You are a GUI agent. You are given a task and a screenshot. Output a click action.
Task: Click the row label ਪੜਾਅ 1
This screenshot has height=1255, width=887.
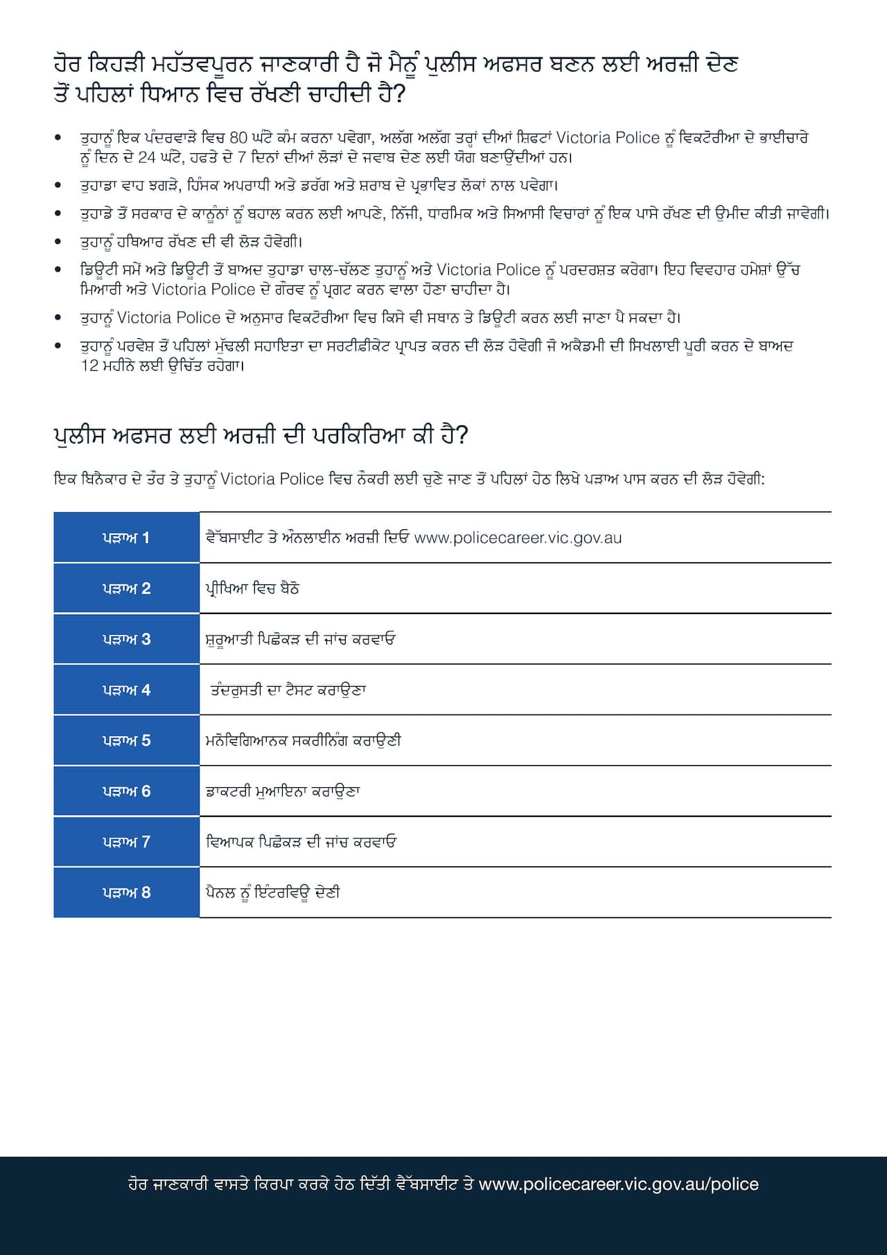pyautogui.click(x=126, y=538)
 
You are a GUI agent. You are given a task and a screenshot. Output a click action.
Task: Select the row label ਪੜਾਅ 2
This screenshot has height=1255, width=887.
pyautogui.click(x=126, y=588)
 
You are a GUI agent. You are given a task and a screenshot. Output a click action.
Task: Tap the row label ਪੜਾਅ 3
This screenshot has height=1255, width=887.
pyautogui.click(x=126, y=639)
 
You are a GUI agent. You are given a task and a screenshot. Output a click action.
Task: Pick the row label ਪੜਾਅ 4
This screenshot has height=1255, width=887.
pyautogui.click(x=126, y=690)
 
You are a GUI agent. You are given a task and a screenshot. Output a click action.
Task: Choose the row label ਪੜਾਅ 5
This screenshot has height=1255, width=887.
pyautogui.click(x=126, y=740)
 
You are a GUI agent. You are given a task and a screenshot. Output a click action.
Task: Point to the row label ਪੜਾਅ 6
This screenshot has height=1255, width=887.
pyautogui.click(x=126, y=791)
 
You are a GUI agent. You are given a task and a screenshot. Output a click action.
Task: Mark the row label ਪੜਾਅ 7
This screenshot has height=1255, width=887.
pyautogui.click(x=126, y=842)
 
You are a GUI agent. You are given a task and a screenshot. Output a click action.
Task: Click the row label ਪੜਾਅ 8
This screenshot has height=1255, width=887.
pyautogui.click(x=126, y=893)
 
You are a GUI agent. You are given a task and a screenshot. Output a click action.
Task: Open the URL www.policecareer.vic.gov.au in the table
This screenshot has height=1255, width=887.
pyautogui.click(x=518, y=538)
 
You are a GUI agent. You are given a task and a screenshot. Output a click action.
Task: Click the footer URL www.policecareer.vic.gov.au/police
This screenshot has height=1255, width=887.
pyautogui.click(x=618, y=1184)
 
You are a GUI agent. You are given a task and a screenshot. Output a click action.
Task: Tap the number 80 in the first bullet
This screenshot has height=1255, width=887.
pyautogui.click(x=238, y=138)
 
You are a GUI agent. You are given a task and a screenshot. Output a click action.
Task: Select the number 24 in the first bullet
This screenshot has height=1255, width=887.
pyautogui.click(x=146, y=157)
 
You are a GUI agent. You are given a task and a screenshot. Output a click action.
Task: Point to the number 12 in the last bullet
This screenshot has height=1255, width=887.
pyautogui.click(x=90, y=365)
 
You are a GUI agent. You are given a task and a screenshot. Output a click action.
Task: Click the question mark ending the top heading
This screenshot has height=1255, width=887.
pyautogui.click(x=398, y=94)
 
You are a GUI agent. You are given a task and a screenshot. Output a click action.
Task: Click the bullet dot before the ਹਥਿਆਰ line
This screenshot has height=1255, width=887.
pyautogui.click(x=58, y=242)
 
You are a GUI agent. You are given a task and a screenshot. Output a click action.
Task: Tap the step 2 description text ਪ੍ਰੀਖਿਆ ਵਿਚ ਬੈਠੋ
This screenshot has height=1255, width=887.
pyautogui.click(x=252, y=588)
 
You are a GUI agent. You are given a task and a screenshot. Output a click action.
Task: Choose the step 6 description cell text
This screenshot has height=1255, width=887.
pyautogui.click(x=283, y=791)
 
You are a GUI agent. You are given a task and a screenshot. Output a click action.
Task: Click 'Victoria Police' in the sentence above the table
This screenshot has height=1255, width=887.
pyautogui.click(x=272, y=479)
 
